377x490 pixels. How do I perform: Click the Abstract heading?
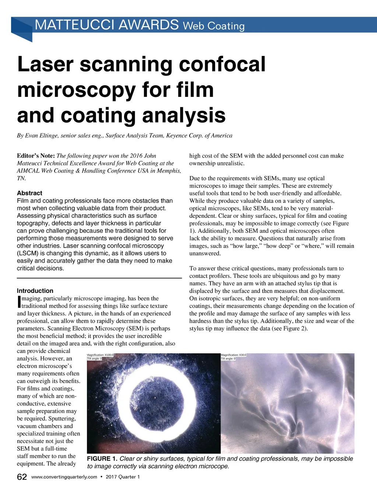[x=29, y=193]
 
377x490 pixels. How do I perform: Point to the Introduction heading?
[x=35, y=291]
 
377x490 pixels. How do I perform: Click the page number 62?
[x=22, y=477]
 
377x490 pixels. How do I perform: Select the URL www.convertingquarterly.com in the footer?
[x=64, y=477]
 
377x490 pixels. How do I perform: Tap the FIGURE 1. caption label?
[x=102, y=459]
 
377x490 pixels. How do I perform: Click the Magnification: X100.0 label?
[x=100, y=355]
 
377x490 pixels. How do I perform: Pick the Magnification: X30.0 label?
[x=233, y=355]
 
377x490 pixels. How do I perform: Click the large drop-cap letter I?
[x=19, y=302]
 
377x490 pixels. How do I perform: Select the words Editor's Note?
[x=36, y=156]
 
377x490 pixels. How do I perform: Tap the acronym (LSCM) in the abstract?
[x=28, y=253]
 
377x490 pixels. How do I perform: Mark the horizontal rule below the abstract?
[x=99, y=277]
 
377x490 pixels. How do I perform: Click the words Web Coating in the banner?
[x=214, y=26]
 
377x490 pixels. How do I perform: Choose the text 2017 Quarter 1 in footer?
[x=123, y=477]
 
